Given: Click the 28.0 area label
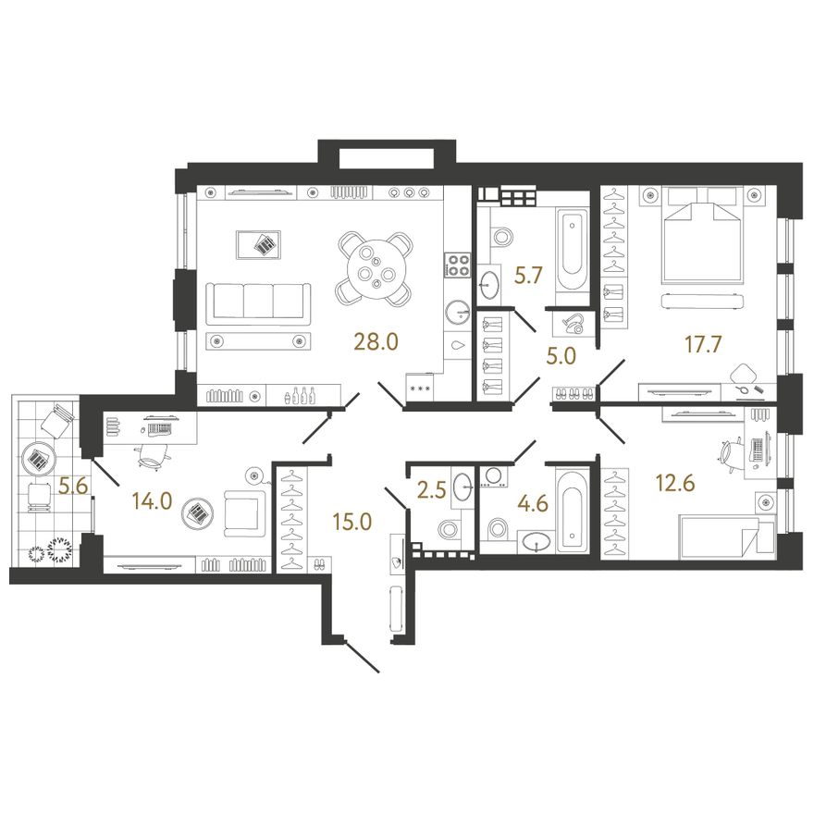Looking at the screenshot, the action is pyautogui.click(x=376, y=342).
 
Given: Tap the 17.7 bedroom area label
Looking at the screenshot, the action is pyautogui.click(x=703, y=344).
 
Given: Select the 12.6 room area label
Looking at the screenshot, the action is pyautogui.click(x=675, y=483).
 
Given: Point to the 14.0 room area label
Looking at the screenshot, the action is pyautogui.click(x=152, y=501).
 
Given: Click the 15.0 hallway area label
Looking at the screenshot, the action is pyautogui.click(x=352, y=522).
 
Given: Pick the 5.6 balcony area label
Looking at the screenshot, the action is pyautogui.click(x=72, y=487).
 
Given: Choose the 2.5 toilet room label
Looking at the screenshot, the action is pyautogui.click(x=432, y=490).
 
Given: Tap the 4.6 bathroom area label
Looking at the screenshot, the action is pyautogui.click(x=534, y=503).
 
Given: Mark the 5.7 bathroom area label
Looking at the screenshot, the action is pyautogui.click(x=528, y=276).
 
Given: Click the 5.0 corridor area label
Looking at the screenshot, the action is pyautogui.click(x=561, y=357).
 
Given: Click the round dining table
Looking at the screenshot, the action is pyautogui.click(x=376, y=268).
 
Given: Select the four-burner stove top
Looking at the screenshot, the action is pyautogui.click(x=457, y=265).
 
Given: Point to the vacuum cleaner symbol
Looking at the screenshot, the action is pyautogui.click(x=573, y=324).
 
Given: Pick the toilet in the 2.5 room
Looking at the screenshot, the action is pyautogui.click(x=447, y=529).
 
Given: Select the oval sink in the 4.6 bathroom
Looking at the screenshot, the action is pyautogui.click(x=536, y=542).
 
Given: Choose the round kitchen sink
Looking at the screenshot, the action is pyautogui.click(x=458, y=313).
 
